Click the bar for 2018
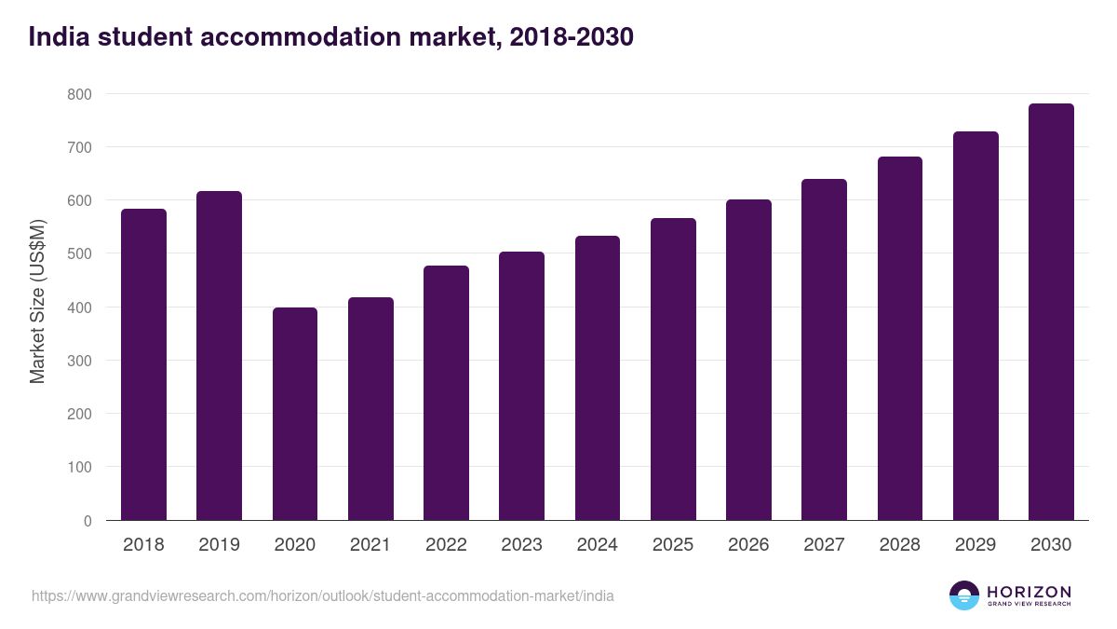[143, 364]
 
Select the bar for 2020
[295, 414]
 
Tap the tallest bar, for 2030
[1051, 312]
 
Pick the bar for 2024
[598, 378]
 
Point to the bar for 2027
[824, 349]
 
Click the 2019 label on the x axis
[219, 545]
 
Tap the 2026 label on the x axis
[748, 545]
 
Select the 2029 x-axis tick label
[976, 545]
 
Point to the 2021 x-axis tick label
[370, 545]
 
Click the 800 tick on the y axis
[79, 94]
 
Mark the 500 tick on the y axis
[79, 253]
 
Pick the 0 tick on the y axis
[87, 521]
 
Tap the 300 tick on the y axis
[79, 361]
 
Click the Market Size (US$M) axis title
[37, 301]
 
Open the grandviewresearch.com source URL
[323, 595]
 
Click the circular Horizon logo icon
[964, 595]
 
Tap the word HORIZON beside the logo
[1030, 592]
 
